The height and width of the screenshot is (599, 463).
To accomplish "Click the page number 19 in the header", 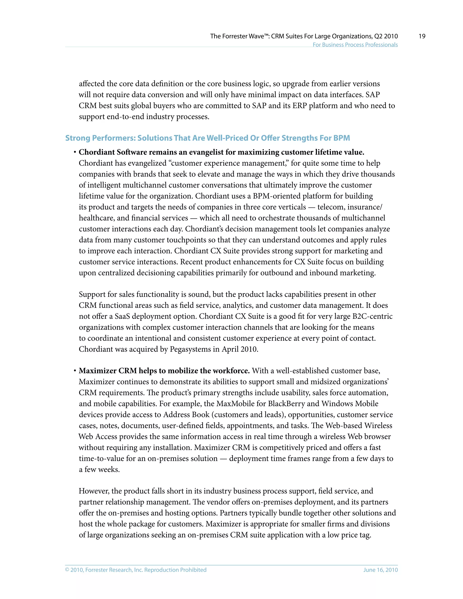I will [422, 36].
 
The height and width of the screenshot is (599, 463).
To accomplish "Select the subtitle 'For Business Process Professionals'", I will [355, 45].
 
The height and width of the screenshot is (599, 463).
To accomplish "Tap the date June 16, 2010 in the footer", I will [380, 570].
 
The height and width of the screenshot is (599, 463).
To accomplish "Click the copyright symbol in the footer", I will [67, 570].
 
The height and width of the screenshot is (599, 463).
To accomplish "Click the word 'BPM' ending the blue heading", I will [342, 138].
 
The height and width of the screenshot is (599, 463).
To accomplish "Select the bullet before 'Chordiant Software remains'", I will [75, 152].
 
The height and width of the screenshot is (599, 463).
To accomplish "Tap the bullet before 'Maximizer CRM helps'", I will [75, 371].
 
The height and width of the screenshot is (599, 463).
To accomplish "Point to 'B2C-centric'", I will [373, 316].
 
